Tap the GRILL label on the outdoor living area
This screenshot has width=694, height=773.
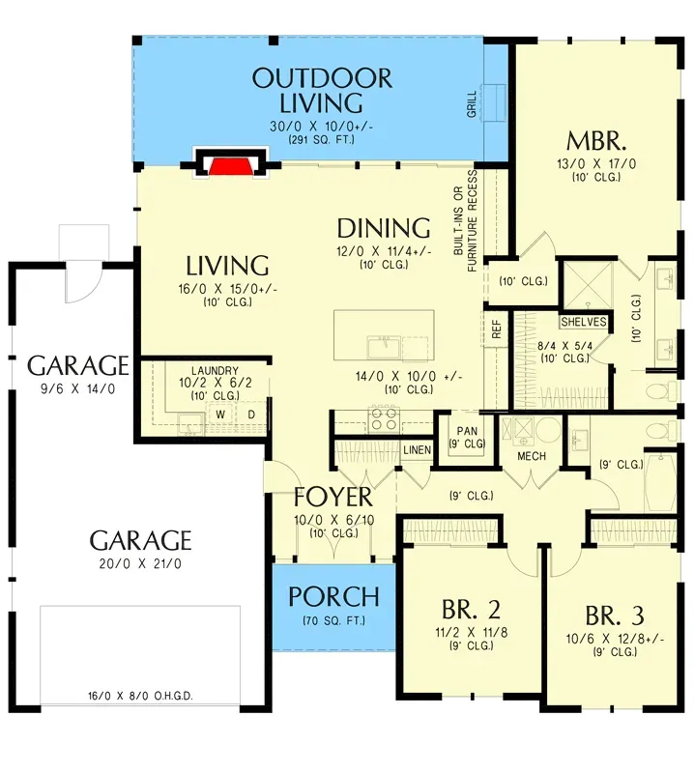point(472,103)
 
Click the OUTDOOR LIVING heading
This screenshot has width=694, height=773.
point(322,90)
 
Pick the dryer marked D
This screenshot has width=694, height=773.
point(250,415)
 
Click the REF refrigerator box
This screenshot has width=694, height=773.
point(497,329)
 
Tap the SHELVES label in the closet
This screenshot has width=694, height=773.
point(584,322)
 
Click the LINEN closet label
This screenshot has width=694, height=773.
point(417,450)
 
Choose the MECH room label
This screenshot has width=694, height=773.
point(532,456)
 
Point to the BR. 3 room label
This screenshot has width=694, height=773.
point(615,615)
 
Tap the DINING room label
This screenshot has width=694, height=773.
point(383,228)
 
